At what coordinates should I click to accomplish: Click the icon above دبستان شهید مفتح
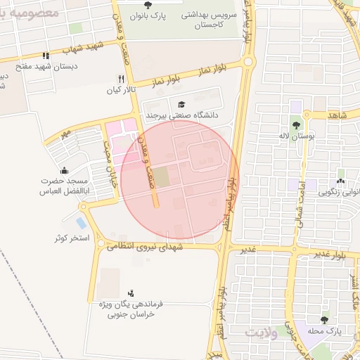(x=46, y=56)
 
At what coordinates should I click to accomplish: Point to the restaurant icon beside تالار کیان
(x=122, y=79)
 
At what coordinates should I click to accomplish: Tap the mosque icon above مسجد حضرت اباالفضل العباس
(x=65, y=170)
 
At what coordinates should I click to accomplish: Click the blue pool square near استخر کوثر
(x=81, y=223)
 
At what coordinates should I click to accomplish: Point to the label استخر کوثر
(x=72, y=238)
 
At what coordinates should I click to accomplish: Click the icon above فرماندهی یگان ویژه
(x=131, y=292)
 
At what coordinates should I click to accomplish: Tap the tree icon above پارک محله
(x=324, y=320)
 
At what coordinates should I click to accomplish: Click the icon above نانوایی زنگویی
(x=341, y=181)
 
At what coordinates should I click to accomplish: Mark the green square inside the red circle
(x=162, y=177)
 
